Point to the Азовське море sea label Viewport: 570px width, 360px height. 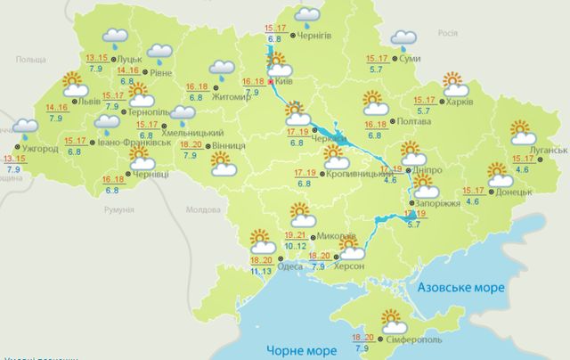(460, 289)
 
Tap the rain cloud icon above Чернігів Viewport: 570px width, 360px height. (307, 14)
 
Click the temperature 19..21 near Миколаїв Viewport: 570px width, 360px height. (296, 234)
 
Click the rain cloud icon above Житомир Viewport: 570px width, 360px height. (220, 69)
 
